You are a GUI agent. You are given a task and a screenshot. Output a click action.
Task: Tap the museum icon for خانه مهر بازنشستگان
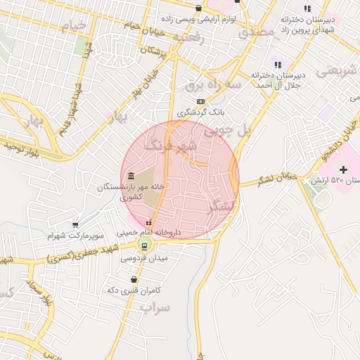click(131, 175)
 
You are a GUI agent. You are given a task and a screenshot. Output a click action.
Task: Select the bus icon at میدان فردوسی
click(144, 245)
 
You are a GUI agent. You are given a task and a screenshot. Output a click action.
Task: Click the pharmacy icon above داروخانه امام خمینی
click(148, 223)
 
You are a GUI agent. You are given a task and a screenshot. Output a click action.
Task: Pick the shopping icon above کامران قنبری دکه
click(134, 279)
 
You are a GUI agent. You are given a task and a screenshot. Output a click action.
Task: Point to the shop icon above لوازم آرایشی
click(199, 8)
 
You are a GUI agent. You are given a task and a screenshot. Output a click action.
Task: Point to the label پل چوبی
click(226, 131)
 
